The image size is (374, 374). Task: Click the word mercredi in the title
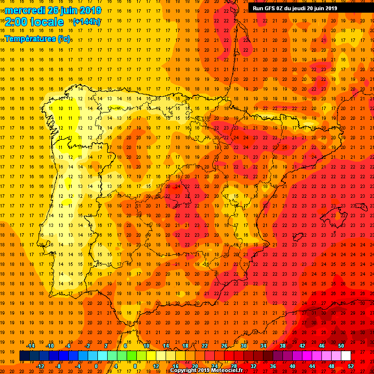tap(25, 10)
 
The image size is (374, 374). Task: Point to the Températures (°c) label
tap(37, 38)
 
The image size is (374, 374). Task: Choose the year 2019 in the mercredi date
tap(90, 10)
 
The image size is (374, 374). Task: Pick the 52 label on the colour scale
tap(351, 366)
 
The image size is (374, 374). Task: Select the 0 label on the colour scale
tap(96, 366)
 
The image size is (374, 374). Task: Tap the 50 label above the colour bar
tap(341, 346)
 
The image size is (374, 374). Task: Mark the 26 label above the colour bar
tap(224, 346)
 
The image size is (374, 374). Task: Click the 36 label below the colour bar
tap(273, 366)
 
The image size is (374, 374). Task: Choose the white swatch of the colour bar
tap(346, 356)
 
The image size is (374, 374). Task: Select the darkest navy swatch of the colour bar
tap(24, 356)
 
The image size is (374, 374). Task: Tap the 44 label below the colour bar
tap(312, 366)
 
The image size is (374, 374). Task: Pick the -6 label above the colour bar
tap(68, 346)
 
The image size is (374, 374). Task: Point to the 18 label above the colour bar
tap(185, 346)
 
